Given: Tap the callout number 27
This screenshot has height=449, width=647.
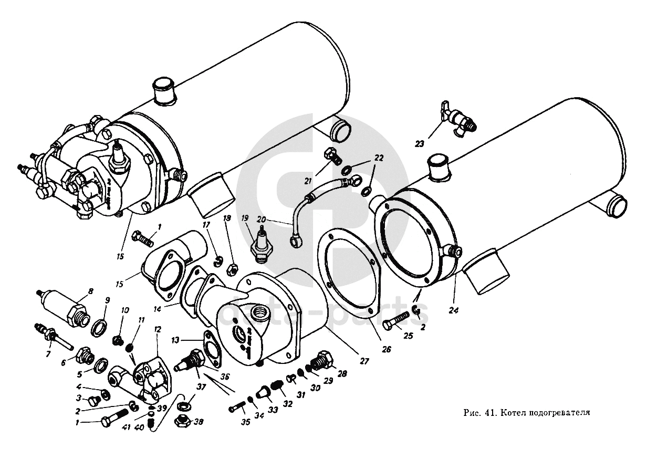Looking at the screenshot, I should click(364, 361).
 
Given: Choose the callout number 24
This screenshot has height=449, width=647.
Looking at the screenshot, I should click(454, 310).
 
